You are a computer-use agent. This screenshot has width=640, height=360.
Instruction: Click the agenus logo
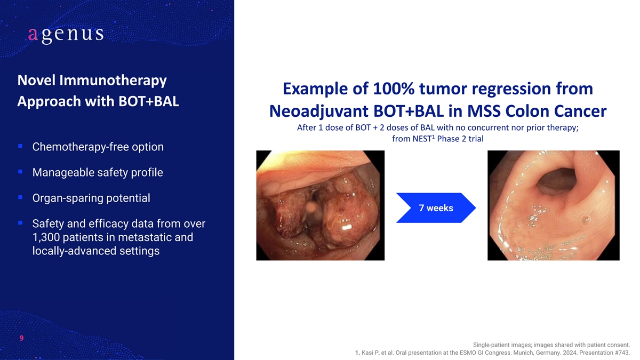66,35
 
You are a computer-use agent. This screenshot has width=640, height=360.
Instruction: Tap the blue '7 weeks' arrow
436,207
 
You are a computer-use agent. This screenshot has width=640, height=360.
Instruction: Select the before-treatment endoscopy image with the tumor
321,205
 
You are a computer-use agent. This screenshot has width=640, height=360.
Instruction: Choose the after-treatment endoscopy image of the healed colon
554,205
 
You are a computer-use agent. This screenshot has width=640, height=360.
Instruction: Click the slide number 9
21,338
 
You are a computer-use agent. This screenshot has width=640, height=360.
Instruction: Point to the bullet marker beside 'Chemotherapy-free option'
20,146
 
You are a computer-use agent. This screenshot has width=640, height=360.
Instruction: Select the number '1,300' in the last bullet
45,237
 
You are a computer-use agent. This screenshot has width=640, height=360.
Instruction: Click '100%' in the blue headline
394,89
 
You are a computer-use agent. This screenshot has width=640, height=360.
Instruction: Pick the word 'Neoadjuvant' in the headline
319,111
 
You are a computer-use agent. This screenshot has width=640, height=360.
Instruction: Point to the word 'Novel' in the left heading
36,81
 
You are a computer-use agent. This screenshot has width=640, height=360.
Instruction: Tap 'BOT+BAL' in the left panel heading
149,101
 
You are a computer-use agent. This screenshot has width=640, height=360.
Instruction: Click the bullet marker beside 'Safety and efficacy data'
20,222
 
